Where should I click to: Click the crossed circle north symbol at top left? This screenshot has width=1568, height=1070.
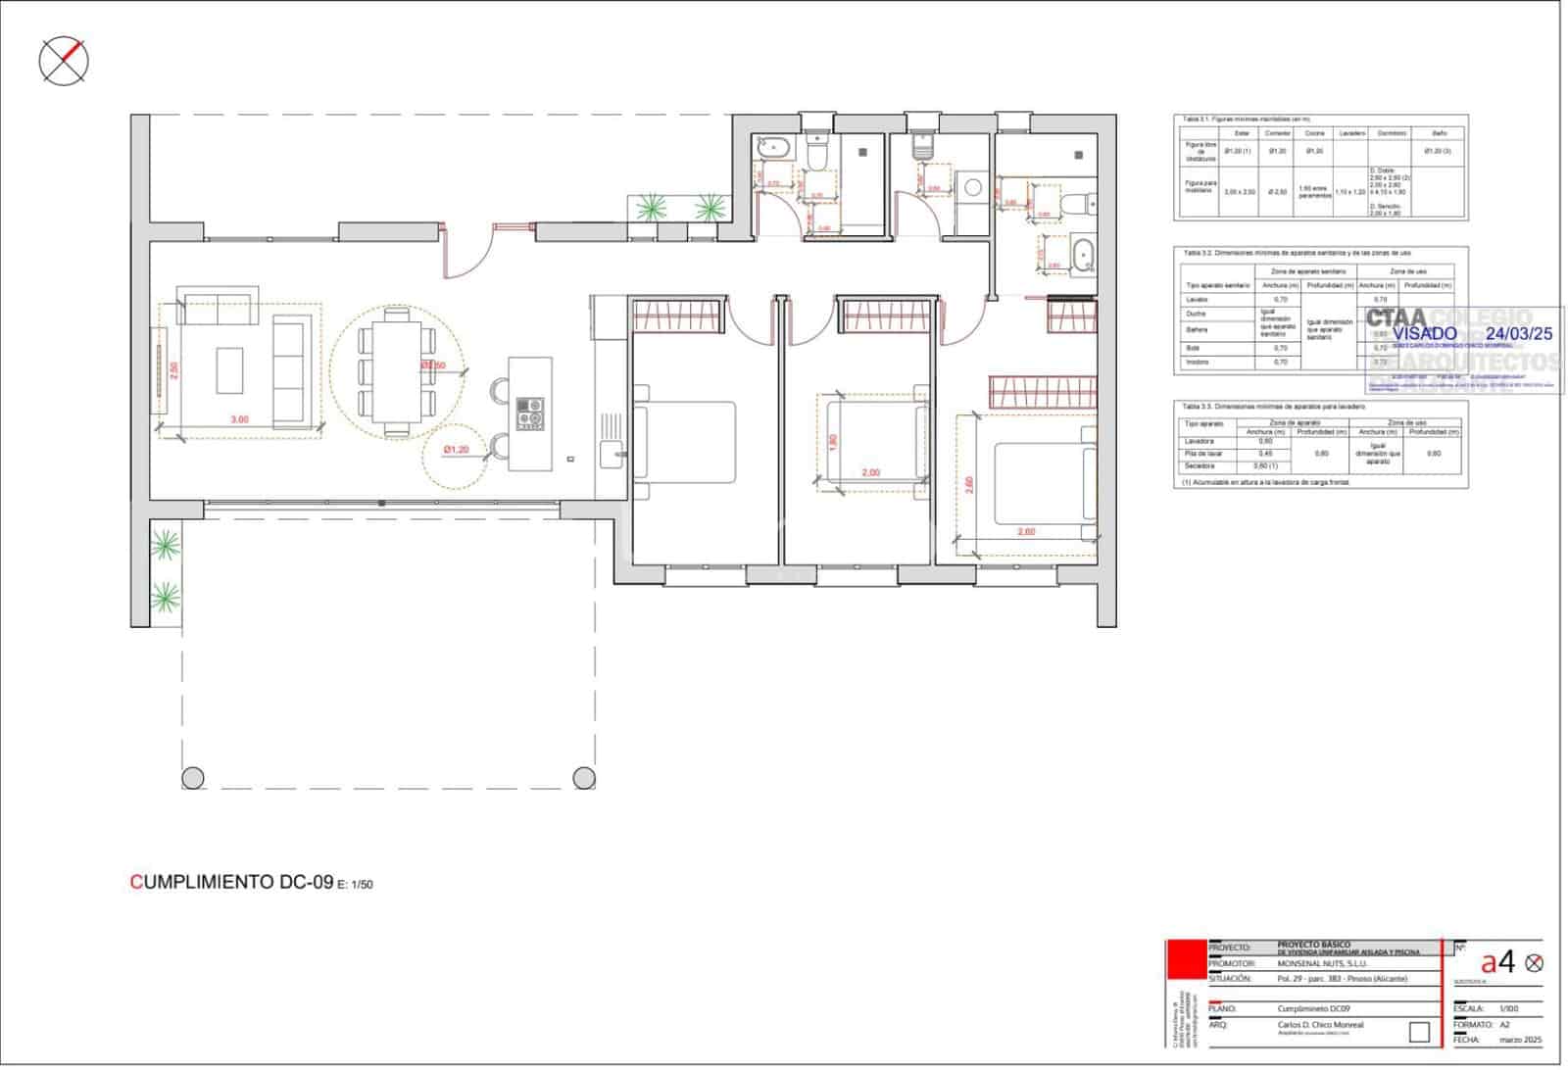64,62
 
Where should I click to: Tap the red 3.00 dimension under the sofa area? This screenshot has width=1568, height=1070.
239,419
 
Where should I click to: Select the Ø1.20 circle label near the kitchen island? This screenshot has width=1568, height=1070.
456,450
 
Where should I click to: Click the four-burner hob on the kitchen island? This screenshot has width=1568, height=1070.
530,413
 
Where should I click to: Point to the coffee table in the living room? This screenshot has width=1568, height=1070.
230,369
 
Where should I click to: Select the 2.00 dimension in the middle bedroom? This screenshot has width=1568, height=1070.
870,472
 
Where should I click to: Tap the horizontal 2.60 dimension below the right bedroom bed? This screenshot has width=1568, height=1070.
1026,532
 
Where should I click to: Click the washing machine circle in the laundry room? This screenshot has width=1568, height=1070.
973,186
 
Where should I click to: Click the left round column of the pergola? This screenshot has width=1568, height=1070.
194,777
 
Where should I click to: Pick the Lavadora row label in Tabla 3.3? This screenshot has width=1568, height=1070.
1200,441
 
